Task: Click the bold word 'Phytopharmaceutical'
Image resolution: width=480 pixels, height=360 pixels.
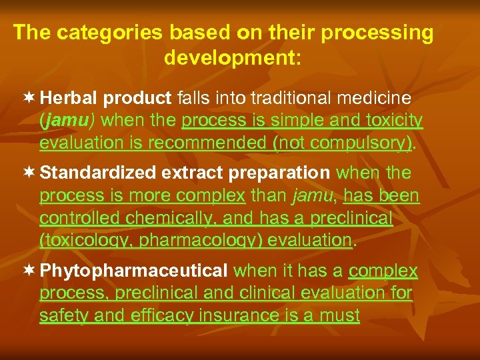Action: pos(134,271)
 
